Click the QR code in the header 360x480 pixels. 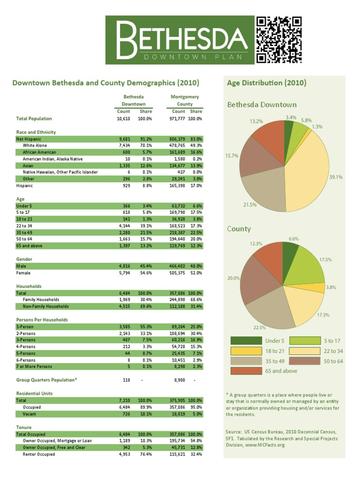278,40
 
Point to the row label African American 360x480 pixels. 39,152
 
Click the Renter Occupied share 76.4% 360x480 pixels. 145,455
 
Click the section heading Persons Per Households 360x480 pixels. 42,320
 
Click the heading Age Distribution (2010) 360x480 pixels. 266,83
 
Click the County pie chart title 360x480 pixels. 239,229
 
